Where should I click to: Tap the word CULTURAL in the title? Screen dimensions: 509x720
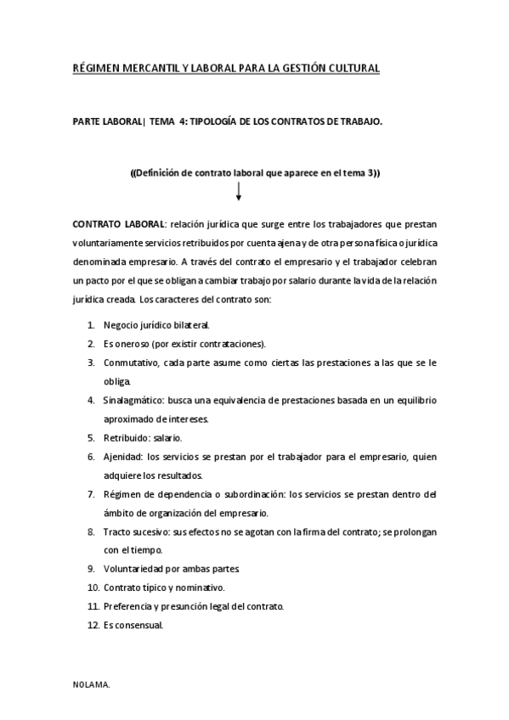(x=348, y=67)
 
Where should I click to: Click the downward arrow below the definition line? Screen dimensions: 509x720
(x=239, y=192)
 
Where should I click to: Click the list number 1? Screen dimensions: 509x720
(x=91, y=324)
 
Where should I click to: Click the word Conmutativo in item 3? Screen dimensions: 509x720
(x=129, y=363)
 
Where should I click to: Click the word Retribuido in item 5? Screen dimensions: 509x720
(x=125, y=438)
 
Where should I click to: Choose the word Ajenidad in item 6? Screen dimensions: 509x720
(x=122, y=457)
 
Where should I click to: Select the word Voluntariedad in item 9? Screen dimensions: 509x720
(x=134, y=569)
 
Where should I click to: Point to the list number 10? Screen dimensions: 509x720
(x=93, y=588)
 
